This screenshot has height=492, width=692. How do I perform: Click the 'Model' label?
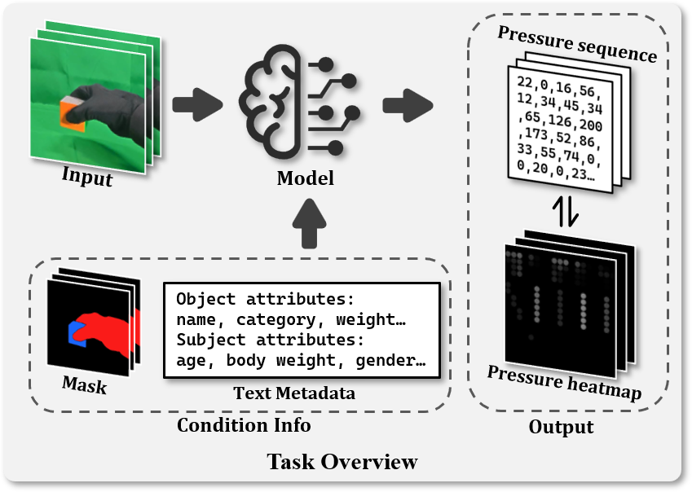[306, 177]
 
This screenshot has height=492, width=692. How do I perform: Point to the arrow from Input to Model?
[197, 103]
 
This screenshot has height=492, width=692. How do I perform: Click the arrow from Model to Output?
[408, 103]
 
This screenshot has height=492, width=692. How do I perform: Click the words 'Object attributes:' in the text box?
[265, 298]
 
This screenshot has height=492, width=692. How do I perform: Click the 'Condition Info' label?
[244, 425]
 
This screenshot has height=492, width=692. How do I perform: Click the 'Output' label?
[561, 427]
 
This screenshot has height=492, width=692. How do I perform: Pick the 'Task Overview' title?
[342, 462]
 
